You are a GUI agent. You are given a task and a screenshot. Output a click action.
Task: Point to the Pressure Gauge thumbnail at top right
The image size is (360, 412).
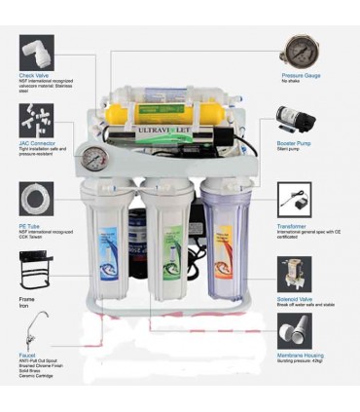(300, 49)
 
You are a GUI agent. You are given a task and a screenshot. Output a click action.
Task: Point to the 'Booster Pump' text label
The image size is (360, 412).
(298, 142)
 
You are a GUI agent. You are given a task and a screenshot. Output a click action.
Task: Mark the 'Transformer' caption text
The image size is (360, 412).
(297, 222)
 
